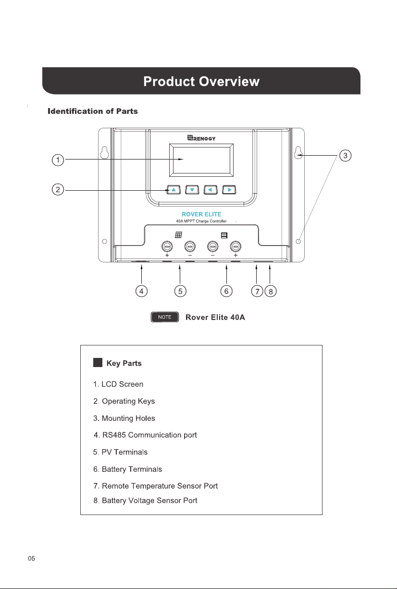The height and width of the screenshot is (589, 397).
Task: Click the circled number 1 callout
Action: click(x=58, y=160)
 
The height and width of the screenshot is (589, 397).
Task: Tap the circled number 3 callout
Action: click(x=345, y=156)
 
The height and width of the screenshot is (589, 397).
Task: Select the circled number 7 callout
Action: click(x=257, y=291)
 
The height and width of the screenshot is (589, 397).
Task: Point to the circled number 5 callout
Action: click(x=180, y=291)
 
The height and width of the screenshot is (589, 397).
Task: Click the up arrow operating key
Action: click(x=174, y=190)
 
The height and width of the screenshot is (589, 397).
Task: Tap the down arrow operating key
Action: click(x=192, y=190)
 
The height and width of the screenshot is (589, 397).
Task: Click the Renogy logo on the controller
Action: click(x=201, y=138)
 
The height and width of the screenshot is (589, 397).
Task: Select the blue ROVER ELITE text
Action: click(x=201, y=214)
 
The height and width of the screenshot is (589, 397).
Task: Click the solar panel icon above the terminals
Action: click(x=178, y=234)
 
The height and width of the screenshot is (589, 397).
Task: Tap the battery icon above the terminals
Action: click(x=224, y=235)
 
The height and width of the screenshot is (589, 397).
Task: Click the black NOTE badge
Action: click(x=165, y=317)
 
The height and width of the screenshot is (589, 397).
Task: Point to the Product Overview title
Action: click(x=201, y=81)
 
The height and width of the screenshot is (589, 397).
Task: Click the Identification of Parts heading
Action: click(x=93, y=111)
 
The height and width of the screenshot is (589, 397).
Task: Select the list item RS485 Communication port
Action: click(x=145, y=435)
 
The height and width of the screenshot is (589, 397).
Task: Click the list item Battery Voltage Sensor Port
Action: click(x=145, y=501)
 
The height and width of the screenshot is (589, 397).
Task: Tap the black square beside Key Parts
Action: click(x=98, y=362)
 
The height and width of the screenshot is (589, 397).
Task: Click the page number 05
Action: click(x=32, y=558)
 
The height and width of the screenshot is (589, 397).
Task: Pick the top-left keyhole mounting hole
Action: click(x=105, y=152)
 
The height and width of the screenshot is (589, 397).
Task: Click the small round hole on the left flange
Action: click(x=104, y=241)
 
